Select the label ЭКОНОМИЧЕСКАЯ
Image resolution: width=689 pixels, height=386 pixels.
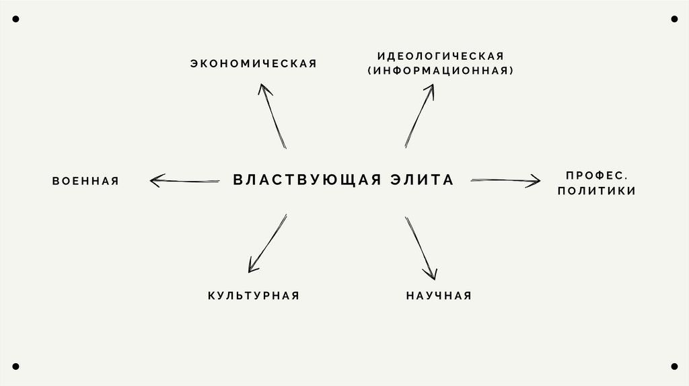point(253,64)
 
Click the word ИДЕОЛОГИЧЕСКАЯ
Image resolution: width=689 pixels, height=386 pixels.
point(440,55)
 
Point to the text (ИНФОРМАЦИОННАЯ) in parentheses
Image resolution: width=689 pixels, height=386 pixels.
point(440,70)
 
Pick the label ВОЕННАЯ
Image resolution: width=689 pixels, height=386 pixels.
point(85,181)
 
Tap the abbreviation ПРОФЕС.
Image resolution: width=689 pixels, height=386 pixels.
point(596,175)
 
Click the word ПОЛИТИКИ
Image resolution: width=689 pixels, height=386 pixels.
point(596,191)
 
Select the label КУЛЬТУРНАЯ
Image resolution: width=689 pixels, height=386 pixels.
point(253,295)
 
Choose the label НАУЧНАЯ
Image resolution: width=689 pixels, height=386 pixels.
point(439,295)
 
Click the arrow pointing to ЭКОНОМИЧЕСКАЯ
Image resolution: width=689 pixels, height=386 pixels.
point(273,116)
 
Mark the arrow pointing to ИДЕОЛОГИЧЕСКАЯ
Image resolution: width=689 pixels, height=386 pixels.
point(419,116)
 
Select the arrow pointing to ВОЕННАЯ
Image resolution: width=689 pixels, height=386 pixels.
point(184,180)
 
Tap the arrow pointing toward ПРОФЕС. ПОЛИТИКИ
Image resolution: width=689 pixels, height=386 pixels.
point(505,180)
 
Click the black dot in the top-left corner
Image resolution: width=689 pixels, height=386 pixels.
point(15,19)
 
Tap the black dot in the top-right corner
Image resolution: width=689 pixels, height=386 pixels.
point(674,19)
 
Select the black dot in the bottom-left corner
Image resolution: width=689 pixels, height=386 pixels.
point(15,366)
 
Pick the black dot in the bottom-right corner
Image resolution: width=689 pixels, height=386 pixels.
point(674,366)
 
